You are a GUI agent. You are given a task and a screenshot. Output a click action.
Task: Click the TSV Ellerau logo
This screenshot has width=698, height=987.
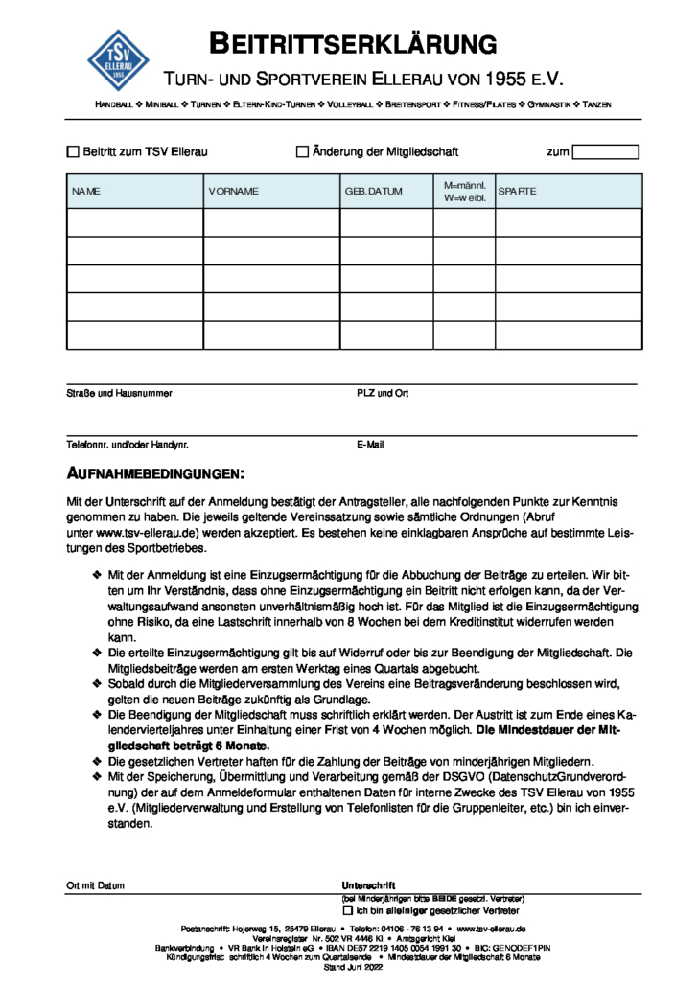[119, 57]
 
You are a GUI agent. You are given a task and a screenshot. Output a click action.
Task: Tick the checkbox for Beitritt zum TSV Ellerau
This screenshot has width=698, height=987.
[73, 151]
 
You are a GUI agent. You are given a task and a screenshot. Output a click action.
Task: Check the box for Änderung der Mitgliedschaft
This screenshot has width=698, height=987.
[302, 151]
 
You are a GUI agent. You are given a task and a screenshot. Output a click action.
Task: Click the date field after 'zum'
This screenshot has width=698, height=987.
[605, 151]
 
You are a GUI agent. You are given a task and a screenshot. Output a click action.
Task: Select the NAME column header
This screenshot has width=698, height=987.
[86, 192]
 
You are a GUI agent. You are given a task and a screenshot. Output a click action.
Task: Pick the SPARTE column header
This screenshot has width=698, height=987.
[517, 192]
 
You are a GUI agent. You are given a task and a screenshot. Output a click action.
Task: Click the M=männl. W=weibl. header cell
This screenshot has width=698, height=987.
[464, 192]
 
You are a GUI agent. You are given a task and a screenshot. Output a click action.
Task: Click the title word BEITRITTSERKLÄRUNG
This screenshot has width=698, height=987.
[354, 43]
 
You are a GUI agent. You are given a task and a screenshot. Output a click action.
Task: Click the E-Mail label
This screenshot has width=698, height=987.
[370, 445]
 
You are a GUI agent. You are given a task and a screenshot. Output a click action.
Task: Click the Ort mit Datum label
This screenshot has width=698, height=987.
[95, 885]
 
